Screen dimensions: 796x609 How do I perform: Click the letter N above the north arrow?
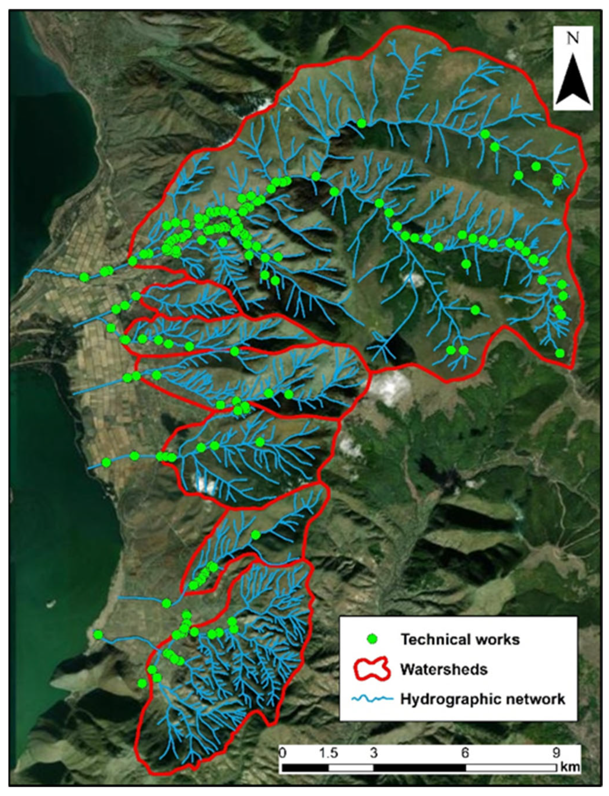click(574, 39)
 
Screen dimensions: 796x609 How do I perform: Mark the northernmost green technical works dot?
click(361, 124)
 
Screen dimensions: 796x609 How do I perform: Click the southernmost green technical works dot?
click(142, 683)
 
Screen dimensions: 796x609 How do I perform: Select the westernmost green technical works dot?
click(84, 277)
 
